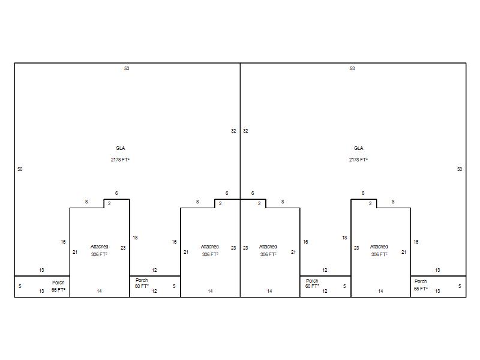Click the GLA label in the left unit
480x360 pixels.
click(121, 148)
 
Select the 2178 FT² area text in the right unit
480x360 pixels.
click(358, 160)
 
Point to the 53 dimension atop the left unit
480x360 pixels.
click(127, 68)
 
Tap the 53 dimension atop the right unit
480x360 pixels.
click(352, 68)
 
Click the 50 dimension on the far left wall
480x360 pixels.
click(20, 169)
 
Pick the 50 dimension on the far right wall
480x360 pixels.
click(460, 169)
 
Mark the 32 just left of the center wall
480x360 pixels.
click(233, 131)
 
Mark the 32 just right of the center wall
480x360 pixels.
click(245, 131)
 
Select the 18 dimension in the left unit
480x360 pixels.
click(135, 238)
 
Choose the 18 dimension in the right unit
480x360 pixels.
click(344, 238)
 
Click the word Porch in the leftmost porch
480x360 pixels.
click(58, 283)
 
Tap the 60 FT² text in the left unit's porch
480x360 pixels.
click(142, 286)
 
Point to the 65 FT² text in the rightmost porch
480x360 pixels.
click(421, 289)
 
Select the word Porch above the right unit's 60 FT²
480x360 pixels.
click(312, 281)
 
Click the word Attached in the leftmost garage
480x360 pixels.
click(99, 247)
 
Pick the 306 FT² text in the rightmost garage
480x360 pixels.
click(379, 254)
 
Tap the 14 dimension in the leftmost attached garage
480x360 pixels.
click(99, 291)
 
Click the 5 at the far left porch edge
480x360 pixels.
click(20, 286)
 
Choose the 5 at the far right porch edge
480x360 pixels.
click(460, 286)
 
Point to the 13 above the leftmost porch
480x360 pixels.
click(41, 270)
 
